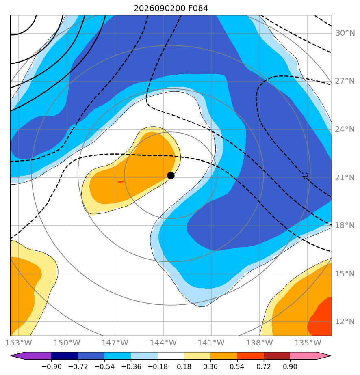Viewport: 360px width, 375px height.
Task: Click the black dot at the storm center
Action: [x=171, y=176]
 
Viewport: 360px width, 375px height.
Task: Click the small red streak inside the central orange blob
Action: [x=121, y=182]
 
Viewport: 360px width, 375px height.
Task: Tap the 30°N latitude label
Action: [x=345, y=33]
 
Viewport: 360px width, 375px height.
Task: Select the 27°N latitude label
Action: [x=345, y=81]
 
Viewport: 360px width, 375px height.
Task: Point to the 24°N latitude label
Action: [x=345, y=129]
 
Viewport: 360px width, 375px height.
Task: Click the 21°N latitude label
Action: [x=345, y=177]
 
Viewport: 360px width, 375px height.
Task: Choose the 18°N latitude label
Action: [x=345, y=225]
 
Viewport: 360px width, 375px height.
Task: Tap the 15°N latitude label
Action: [x=345, y=274]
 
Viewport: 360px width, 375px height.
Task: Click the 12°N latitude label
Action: [x=345, y=322]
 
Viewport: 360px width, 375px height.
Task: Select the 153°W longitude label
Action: [x=19, y=343]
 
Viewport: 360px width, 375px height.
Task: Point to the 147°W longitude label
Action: [x=115, y=343]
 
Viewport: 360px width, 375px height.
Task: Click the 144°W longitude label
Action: [x=163, y=343]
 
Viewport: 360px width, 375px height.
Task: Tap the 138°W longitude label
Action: [x=260, y=343]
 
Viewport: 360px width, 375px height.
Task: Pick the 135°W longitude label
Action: [x=308, y=343]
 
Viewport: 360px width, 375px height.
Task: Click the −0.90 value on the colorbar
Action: [x=52, y=366]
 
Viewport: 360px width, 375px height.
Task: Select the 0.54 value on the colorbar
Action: [x=237, y=366]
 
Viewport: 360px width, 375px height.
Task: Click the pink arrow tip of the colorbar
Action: [x=331, y=356]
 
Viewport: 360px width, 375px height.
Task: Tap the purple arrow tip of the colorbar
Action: [x=11, y=356]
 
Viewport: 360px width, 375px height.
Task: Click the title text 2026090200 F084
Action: [x=171, y=9]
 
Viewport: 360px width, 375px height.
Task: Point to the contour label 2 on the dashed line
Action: [x=305, y=176]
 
